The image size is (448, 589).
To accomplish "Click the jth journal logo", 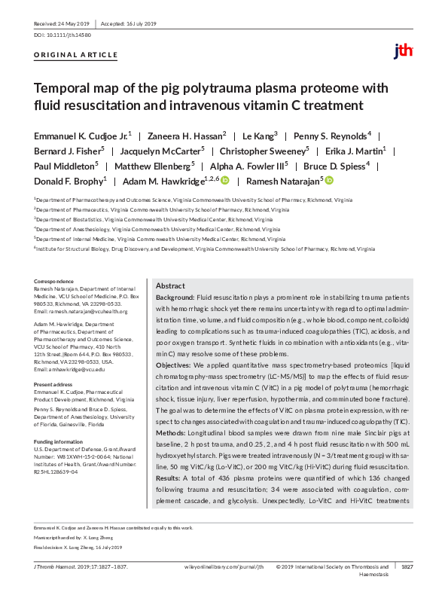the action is click(x=403, y=51).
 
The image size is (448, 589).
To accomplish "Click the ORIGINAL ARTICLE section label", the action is click(x=76, y=55).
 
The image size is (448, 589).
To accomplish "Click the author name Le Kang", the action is click(x=260, y=135).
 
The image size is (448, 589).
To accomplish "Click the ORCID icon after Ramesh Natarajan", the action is click(x=329, y=181).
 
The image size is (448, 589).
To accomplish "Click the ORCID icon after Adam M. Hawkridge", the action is click(x=224, y=181).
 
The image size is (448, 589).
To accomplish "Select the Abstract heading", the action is click(x=170, y=286).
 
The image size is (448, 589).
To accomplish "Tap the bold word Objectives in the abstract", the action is click(x=173, y=364).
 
